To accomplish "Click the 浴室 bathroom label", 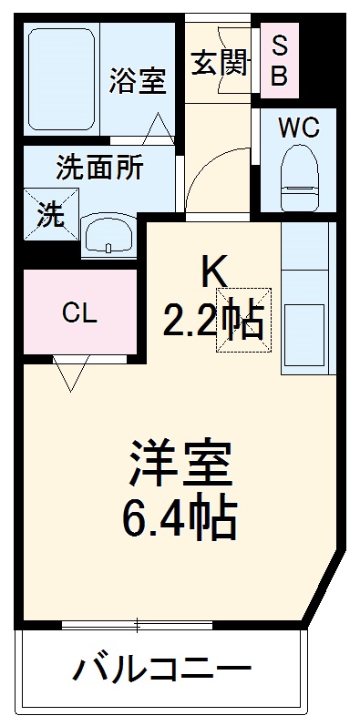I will point(138,81).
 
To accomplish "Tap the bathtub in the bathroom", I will point(61,80).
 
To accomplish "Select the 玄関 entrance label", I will point(220,63).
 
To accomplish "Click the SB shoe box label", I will point(280,61).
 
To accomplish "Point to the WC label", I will point(298,128).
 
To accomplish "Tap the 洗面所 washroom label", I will point(99,169).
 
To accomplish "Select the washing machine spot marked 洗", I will point(50,215).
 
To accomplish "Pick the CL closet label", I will point(79,314).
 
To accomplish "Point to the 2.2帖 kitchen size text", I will point(214,321).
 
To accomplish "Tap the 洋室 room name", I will point(182,465).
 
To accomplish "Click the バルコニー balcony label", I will point(162,675).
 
